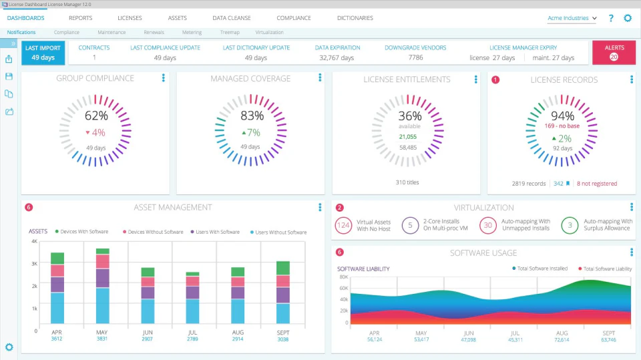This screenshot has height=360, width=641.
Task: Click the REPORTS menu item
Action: coord(80,18)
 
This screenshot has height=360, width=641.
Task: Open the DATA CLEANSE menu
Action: coord(231,18)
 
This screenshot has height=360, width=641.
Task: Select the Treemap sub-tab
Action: coord(230,32)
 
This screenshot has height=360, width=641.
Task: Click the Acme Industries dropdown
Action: coord(572,19)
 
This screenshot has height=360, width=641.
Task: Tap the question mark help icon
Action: coord(611,19)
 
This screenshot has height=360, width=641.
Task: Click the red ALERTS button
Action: coord(614,53)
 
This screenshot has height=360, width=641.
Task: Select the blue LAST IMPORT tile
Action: coord(43,53)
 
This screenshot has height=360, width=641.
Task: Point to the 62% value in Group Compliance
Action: coord(95,116)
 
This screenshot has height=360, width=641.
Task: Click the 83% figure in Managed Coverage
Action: coord(252,116)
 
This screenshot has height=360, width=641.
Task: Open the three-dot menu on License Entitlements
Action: coord(476,79)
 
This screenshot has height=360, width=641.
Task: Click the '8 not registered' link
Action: coord(597,184)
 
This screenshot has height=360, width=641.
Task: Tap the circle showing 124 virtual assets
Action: coord(343,225)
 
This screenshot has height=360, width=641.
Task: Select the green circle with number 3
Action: coord(570,225)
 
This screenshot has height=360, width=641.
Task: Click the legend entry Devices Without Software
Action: coord(152,232)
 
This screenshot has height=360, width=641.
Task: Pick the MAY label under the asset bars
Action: coord(102,331)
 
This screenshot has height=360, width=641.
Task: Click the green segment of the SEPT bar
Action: coord(283,268)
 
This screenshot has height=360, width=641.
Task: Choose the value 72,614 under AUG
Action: coord(562,339)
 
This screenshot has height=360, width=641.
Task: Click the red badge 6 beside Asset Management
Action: coord(28,208)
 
